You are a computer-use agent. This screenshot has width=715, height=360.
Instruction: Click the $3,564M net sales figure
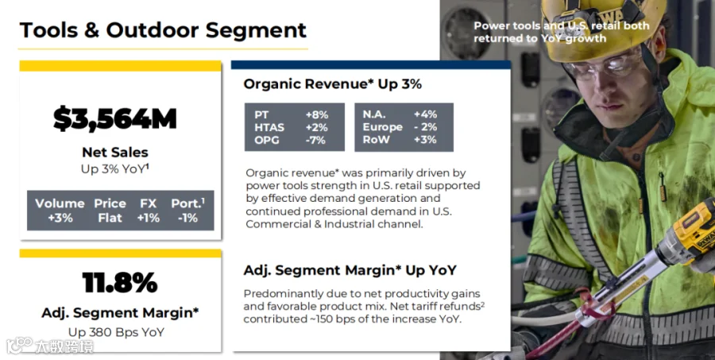click(115, 118)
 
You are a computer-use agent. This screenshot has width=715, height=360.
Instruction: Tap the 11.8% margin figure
click(120, 282)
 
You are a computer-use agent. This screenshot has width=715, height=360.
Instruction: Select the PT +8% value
click(316, 114)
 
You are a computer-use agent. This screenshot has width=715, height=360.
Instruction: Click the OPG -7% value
click(315, 140)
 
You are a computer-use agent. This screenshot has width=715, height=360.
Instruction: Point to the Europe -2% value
click(426, 127)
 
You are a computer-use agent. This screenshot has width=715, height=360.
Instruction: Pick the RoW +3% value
click(426, 140)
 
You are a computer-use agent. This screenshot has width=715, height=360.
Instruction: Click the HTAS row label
click(269, 127)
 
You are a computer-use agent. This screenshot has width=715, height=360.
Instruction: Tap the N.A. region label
click(374, 114)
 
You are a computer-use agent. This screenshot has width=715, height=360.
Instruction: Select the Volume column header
click(60, 203)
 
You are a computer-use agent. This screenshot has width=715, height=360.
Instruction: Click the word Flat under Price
click(110, 218)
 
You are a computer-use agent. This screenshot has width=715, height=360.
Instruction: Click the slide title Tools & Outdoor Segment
click(163, 30)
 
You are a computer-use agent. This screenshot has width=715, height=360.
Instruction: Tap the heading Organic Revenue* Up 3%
click(332, 84)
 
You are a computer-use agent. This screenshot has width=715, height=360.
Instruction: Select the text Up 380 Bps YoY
click(116, 332)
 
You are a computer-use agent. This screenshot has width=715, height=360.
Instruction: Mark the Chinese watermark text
click(64, 346)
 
